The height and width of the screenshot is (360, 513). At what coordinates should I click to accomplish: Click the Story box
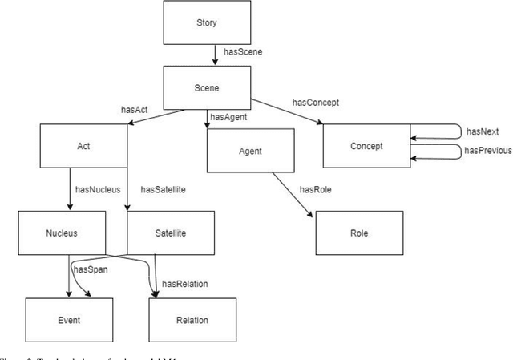coord(206,22)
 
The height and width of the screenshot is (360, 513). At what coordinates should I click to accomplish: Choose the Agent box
coord(251,150)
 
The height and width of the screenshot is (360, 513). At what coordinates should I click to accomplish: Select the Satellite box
coord(171,233)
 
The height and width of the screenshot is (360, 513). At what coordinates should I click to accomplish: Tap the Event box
coord(68,320)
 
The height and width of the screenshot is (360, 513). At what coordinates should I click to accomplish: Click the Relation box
coord(192,320)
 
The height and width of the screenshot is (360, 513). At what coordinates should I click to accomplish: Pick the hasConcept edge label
coord(317,102)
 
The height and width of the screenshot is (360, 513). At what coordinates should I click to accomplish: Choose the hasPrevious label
coord(489,151)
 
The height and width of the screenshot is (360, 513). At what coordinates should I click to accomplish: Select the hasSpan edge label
coord(91,269)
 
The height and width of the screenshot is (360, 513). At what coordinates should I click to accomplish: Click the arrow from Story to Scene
coord(215,55)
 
